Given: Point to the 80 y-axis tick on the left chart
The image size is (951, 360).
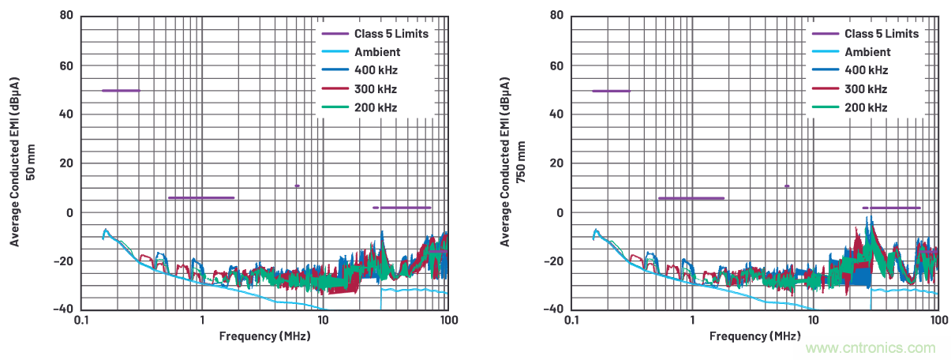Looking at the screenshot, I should tap(67, 16).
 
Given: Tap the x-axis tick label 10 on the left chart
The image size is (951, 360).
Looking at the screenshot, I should tap(323, 321).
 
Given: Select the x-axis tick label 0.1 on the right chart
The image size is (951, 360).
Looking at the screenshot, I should tap(571, 321).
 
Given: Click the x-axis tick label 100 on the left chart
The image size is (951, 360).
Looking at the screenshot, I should tap(447, 321).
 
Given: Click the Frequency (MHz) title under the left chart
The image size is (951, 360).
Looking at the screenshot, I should tap(264, 336).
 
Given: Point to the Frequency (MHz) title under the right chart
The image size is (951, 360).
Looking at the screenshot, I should tap(755, 336).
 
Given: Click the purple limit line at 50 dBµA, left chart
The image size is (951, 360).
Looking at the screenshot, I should tap(121, 91).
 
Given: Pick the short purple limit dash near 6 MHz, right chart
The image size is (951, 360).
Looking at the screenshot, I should tap(787, 186).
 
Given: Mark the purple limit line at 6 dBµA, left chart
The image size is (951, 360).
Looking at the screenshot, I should tap(201, 198).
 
